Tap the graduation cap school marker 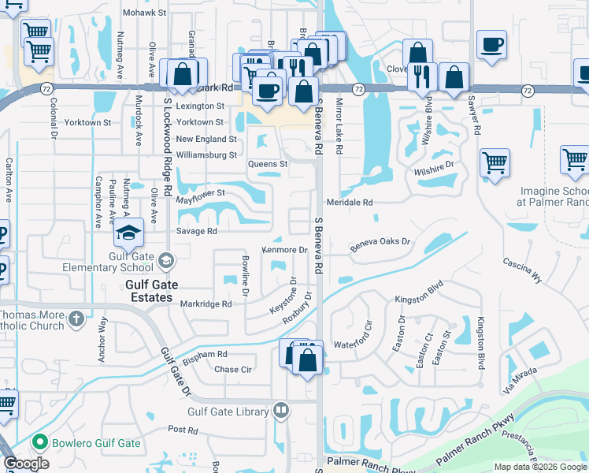click(x=128, y=233)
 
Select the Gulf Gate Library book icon click(x=281, y=410)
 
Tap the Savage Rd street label click(x=196, y=232)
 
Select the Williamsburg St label click(x=206, y=155)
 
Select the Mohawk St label click(x=145, y=13)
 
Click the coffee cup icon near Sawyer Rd click(x=492, y=45)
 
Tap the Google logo click(x=26, y=464)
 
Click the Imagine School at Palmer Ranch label click(x=554, y=196)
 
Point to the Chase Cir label click(x=232, y=369)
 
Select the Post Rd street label click(x=182, y=430)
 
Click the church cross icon click(x=76, y=319)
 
